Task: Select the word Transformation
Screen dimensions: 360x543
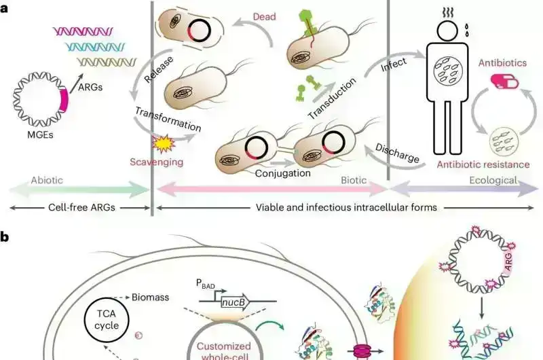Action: pos(168,120)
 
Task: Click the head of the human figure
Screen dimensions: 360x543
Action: pos(449,29)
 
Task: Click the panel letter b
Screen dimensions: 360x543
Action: pos(5,237)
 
